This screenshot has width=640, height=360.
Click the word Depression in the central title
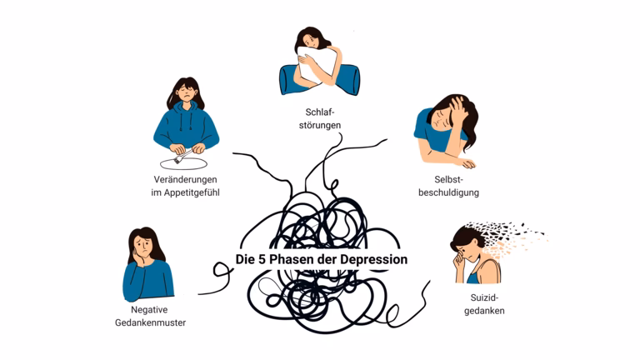pos(372,259)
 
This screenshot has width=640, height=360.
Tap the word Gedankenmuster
pos(150,322)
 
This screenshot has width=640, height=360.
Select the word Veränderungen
pos(186,180)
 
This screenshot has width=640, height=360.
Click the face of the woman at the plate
pos(187,94)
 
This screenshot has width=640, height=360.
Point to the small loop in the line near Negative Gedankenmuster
pos(222,270)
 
